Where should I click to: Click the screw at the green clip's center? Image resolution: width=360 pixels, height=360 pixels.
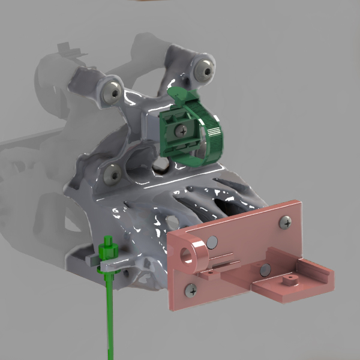(181, 128)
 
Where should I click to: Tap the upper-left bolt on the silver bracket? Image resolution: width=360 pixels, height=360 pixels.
(112, 91)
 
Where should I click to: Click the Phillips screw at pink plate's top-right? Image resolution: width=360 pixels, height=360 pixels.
(284, 223)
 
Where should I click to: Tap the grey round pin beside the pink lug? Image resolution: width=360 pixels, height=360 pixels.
(212, 243)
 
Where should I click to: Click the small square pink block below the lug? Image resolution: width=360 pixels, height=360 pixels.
(210, 274)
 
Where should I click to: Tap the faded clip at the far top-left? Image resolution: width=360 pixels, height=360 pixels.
(71, 50)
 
